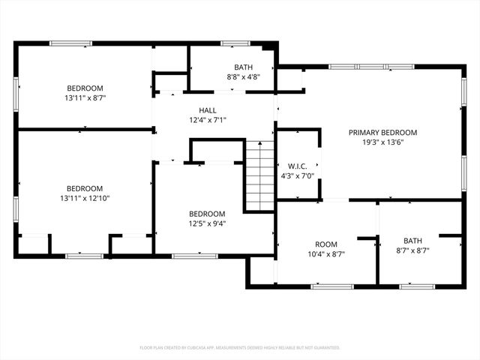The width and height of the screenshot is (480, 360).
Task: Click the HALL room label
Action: coord(207,110)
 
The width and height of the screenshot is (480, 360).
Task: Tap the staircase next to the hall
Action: coord(260,177)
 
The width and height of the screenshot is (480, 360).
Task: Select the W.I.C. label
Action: coord(298,166)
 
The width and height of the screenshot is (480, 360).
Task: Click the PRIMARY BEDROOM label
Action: coord(382,132)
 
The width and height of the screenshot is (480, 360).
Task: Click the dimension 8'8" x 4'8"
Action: coord(244,76)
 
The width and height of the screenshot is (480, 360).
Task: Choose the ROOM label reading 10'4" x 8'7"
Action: coord(325,244)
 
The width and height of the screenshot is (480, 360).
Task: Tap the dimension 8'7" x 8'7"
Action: coord(413,250)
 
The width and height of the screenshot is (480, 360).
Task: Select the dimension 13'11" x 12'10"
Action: coord(85,199)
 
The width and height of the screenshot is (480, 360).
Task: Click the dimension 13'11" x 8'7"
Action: coord(85,97)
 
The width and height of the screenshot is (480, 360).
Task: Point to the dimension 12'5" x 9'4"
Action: coord(207,223)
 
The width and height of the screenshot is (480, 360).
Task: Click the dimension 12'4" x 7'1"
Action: coord(207,120)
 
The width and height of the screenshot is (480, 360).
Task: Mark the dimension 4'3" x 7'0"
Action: coord(298,175)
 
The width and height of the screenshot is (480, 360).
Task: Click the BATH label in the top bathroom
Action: coord(244,67)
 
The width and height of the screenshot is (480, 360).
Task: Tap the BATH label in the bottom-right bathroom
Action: coord(413,240)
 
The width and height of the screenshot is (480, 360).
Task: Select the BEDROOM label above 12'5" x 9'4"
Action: coord(207,213)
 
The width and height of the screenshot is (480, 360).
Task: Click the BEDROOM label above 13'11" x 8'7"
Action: coord(85,88)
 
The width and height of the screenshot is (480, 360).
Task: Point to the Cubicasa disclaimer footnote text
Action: coord(240,347)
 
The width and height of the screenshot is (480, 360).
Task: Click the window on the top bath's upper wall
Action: coord(235,43)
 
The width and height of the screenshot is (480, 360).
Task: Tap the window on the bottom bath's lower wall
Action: coord(417,286)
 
